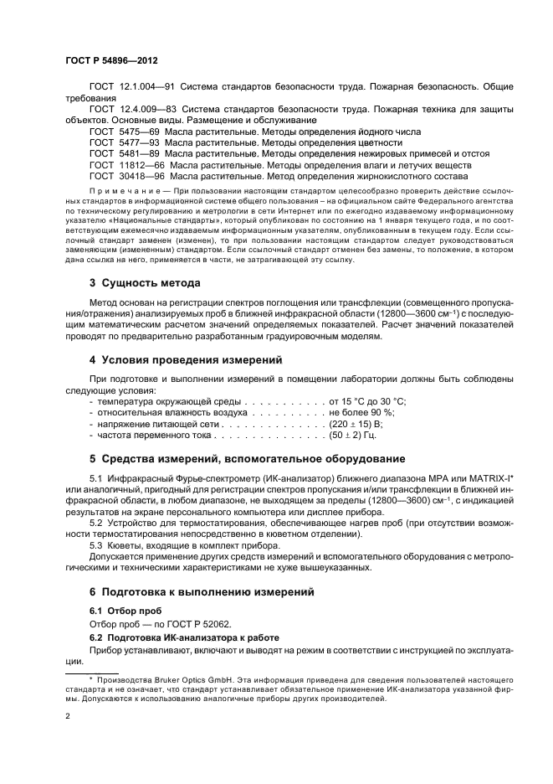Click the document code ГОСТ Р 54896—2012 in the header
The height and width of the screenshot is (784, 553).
112,62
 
